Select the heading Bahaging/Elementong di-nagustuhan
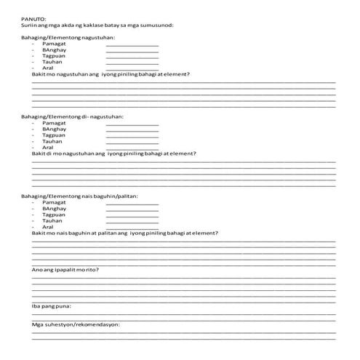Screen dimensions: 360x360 pyautogui.click(x=72, y=116)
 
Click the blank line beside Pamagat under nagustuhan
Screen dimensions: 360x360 pyautogui.click(x=132, y=44)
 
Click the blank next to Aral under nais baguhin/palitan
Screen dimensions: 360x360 pyautogui.click(x=132, y=227)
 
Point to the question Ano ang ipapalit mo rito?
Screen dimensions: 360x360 pyautogui.click(x=66, y=269)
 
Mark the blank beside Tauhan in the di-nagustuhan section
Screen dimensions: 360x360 pyautogui.click(x=132, y=142)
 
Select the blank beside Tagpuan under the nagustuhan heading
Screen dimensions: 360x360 pyautogui.click(x=132, y=57)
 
